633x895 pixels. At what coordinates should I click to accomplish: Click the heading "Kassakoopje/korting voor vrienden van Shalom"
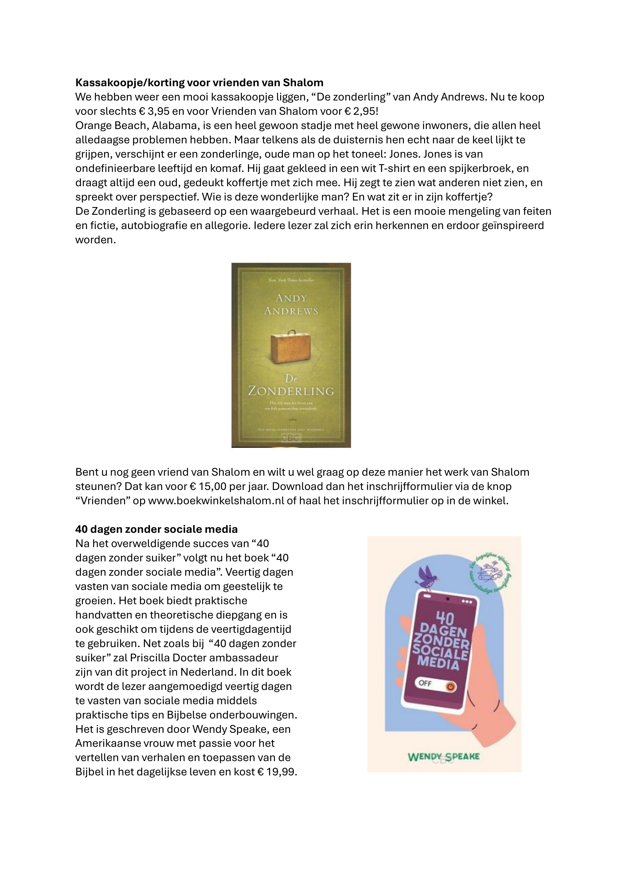[x=199, y=83]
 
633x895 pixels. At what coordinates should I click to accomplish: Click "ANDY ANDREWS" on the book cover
[x=291, y=305]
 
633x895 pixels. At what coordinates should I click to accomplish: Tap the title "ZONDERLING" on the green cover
[x=291, y=391]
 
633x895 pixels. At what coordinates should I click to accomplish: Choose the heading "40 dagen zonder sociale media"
[x=156, y=529]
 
